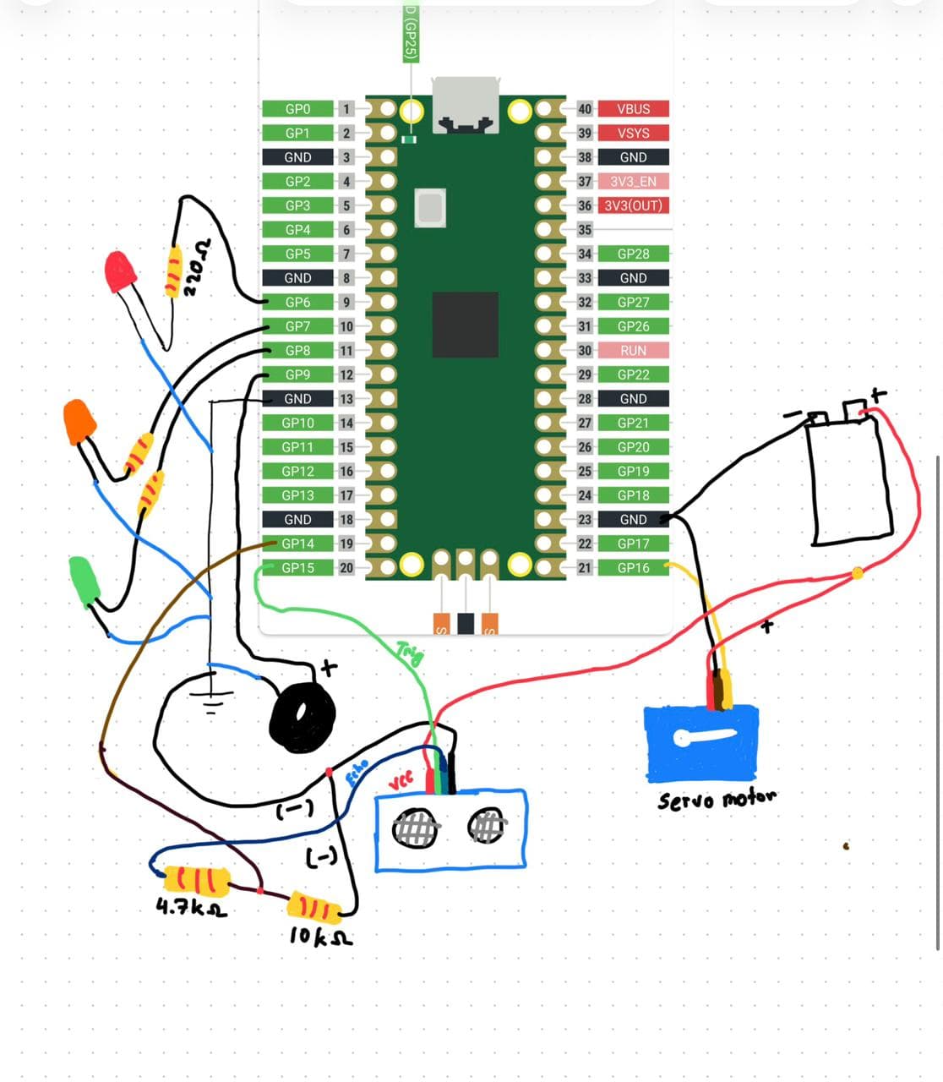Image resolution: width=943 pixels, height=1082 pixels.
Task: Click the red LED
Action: [120, 270]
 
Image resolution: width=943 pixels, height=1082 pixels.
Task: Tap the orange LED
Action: [79, 421]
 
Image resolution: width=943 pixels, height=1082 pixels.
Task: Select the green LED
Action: [84, 580]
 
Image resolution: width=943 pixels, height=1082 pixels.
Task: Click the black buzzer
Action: [302, 718]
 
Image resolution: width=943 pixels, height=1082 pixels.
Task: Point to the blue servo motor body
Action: [700, 743]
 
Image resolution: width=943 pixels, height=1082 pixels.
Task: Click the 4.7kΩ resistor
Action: [196, 881]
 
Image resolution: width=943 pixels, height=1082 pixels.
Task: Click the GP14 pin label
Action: [297, 544]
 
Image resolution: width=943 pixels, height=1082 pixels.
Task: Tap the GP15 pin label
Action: [297, 568]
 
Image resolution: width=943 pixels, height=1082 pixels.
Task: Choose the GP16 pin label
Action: [633, 568]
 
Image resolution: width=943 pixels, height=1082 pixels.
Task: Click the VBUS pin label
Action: [633, 109]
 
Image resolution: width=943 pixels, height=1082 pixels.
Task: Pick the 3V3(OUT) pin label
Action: [633, 205]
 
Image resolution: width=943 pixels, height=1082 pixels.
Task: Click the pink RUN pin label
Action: [633, 350]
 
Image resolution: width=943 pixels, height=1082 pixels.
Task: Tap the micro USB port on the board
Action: [465, 106]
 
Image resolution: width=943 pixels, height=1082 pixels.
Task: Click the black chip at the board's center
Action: [465, 325]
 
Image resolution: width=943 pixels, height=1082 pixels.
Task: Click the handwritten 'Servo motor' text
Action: [717, 799]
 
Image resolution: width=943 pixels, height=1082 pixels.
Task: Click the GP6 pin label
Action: [297, 302]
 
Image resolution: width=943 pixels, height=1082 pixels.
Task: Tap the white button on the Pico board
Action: [430, 207]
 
